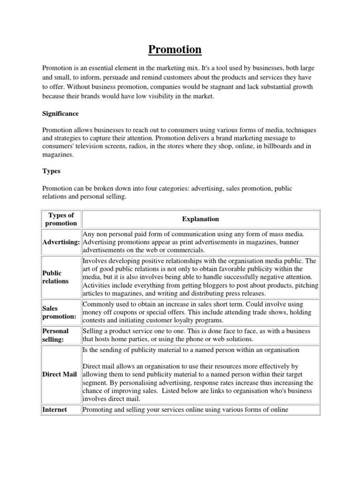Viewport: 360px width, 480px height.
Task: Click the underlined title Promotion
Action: tap(175, 49)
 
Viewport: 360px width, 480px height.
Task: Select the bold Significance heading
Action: tap(60, 114)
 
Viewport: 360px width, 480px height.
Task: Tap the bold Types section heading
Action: tap(52, 172)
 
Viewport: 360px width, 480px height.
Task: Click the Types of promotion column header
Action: tap(61, 219)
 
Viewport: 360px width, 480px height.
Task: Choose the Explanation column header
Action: tap(200, 219)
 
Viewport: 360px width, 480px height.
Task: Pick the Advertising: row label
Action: tap(61, 242)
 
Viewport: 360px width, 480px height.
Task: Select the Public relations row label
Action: tap(55, 277)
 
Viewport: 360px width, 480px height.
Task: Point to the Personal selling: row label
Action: tap(55, 335)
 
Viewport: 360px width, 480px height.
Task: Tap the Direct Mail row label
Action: tap(60, 375)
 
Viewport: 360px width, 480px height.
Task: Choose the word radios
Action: tap(127, 146)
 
